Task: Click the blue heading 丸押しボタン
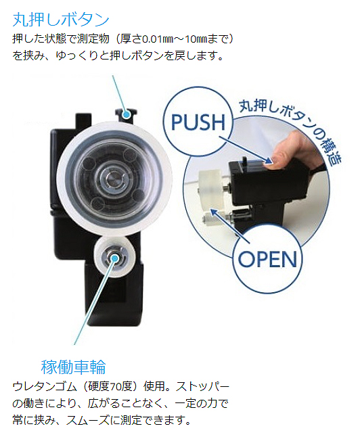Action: point(61,20)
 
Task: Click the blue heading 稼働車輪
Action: point(73,367)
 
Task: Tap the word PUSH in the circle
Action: point(198,122)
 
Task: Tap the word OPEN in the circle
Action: point(267,259)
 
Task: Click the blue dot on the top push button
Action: point(127,114)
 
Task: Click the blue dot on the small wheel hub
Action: point(114,258)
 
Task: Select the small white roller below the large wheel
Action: point(115,257)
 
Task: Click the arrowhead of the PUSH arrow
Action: point(269,161)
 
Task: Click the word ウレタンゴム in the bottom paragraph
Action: point(45,387)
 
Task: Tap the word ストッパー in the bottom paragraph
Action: point(202,387)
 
